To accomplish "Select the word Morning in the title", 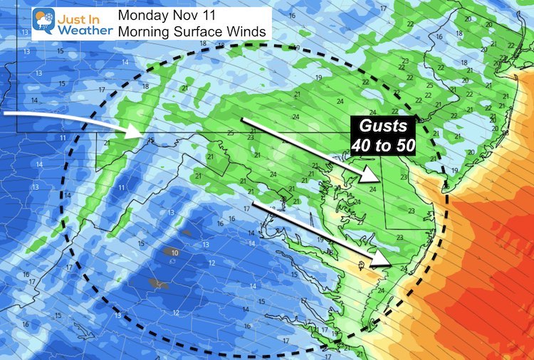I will (142, 31).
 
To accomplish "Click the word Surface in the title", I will (196, 31).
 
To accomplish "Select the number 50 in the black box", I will (402, 144).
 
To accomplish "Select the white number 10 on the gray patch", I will (174, 252).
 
